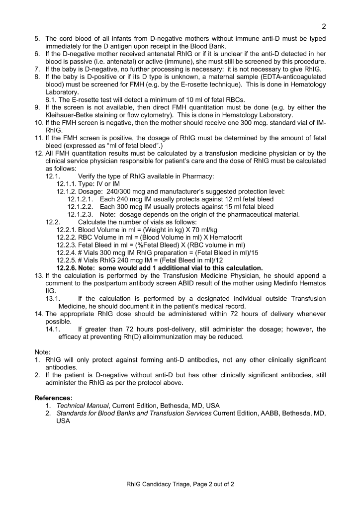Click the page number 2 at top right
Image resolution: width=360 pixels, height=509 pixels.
[x=323, y=26]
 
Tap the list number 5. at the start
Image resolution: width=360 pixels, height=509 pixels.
[x=37, y=39]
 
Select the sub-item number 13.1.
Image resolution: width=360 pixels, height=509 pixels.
[x=53, y=298]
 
